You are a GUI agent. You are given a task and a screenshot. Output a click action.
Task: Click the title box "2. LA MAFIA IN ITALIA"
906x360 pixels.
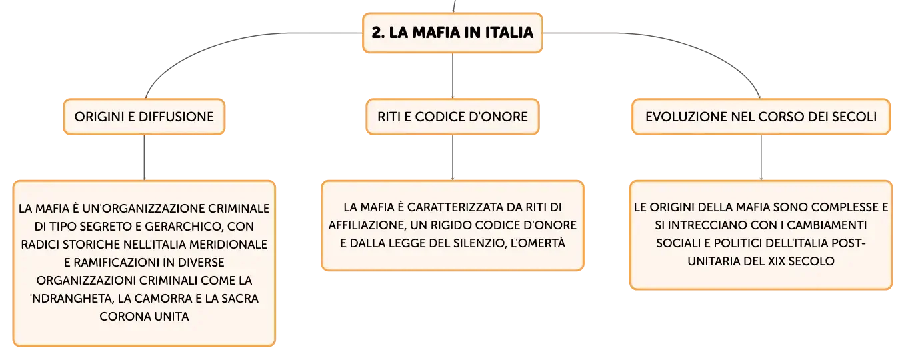[x=452, y=33]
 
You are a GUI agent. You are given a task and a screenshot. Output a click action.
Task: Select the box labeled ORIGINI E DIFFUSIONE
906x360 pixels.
[x=144, y=117]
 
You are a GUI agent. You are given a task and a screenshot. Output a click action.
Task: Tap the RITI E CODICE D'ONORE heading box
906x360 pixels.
[x=453, y=117]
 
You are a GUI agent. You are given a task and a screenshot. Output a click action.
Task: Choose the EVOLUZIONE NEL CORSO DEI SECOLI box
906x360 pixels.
[x=761, y=117]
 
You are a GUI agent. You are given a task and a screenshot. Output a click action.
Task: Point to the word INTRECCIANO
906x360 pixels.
[x=706, y=225]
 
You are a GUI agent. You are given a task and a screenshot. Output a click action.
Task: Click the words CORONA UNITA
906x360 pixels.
[x=144, y=316]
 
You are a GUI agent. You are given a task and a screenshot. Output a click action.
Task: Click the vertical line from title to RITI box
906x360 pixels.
[x=453, y=76]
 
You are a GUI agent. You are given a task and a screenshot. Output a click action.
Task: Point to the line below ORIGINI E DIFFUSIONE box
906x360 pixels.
[x=144, y=157]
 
